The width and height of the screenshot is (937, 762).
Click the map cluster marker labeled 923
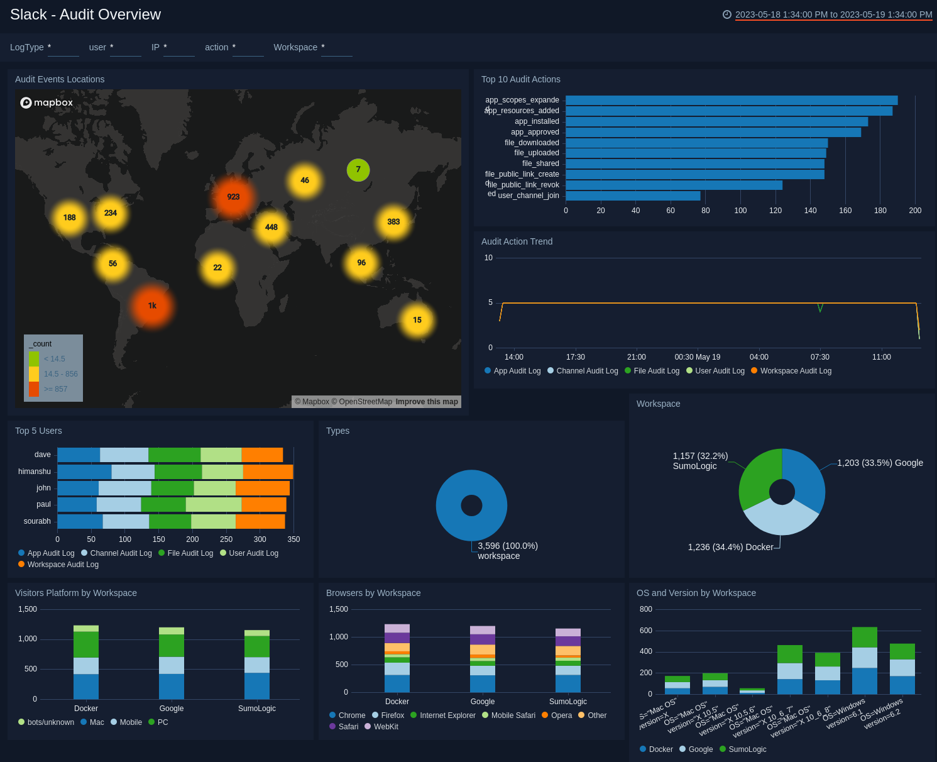coord(233,197)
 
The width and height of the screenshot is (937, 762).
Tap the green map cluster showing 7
coord(358,170)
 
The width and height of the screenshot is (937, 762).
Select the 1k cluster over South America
coord(152,306)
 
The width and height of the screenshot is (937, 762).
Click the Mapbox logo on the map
coord(47,102)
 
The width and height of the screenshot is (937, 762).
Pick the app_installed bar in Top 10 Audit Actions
coord(716,121)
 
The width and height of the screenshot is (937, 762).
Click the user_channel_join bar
coord(633,196)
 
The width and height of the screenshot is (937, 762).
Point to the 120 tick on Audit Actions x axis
coord(775,211)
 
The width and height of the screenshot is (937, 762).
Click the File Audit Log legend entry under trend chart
coord(656,371)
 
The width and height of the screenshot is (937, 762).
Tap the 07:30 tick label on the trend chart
coord(819,357)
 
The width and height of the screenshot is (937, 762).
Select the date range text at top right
coord(833,14)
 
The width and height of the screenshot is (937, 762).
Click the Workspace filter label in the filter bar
coord(295,47)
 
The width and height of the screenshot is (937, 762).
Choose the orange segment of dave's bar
coord(262,455)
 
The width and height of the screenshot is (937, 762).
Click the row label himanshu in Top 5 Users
coord(35,472)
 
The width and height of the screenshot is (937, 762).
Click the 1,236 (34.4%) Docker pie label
coord(730,547)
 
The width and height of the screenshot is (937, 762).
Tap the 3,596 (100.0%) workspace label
coord(507,551)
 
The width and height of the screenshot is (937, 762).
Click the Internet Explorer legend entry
coord(447,715)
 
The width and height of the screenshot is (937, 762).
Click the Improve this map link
coord(427,402)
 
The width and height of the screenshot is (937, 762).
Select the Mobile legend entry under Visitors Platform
coord(130,722)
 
